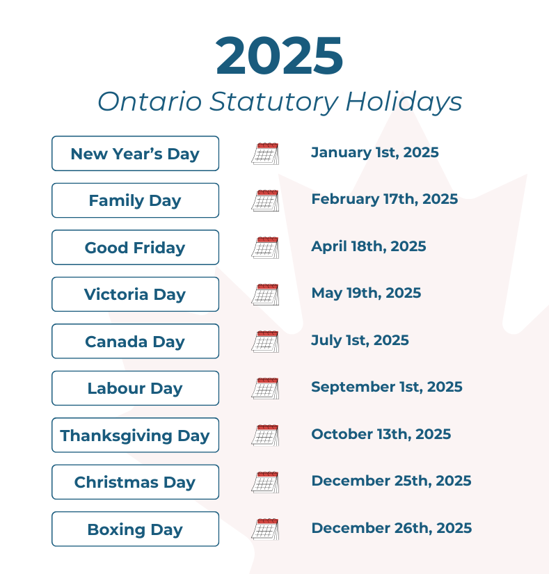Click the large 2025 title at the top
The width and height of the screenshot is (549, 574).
(x=279, y=56)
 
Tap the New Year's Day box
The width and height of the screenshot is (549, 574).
(x=135, y=154)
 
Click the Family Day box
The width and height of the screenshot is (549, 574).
(x=135, y=200)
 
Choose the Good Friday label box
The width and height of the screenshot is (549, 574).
(x=135, y=248)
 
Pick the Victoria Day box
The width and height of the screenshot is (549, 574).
(x=135, y=294)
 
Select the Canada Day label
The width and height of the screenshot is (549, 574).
(x=135, y=342)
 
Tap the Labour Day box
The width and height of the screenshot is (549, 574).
(x=135, y=388)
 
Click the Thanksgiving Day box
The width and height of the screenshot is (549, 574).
(x=135, y=436)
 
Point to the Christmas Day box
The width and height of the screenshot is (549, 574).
(x=135, y=482)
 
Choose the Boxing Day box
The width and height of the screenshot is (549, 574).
(x=135, y=529)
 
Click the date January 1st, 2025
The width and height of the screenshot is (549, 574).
(x=374, y=152)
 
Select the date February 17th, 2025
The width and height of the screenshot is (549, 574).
(x=384, y=199)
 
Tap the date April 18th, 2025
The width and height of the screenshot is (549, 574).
(x=368, y=246)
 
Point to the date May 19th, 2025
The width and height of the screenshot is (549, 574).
(x=366, y=293)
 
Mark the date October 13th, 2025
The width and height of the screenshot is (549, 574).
(x=381, y=434)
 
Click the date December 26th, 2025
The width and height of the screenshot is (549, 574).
(x=391, y=528)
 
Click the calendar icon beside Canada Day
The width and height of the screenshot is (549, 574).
(x=265, y=341)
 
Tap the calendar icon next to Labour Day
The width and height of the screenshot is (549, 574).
(x=265, y=388)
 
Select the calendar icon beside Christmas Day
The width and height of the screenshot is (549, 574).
(x=265, y=482)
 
